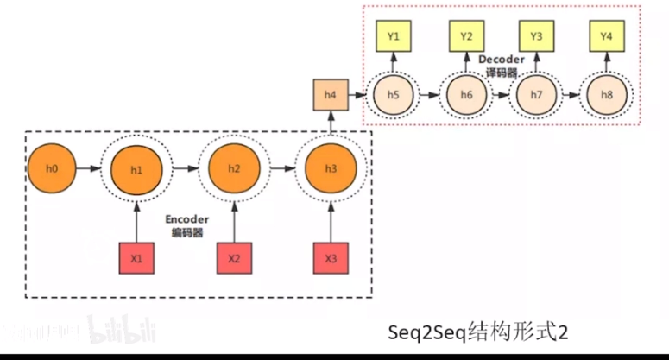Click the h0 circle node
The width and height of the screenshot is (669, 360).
(x=53, y=167)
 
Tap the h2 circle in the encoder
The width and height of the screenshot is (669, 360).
(x=234, y=168)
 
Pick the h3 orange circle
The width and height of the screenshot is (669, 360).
(x=331, y=168)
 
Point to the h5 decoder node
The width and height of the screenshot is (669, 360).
(x=394, y=93)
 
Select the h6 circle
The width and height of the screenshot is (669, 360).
(x=467, y=93)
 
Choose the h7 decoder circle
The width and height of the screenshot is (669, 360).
(x=536, y=93)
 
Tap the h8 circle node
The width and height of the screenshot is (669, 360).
(x=608, y=93)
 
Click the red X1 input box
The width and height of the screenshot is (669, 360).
(x=136, y=258)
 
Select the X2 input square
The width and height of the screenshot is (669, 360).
(x=234, y=258)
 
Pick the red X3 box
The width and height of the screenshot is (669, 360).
(x=331, y=258)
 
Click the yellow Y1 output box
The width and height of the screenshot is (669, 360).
(x=394, y=37)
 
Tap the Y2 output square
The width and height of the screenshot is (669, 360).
(x=467, y=37)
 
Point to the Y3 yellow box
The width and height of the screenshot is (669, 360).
(x=536, y=37)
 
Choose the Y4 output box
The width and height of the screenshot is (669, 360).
(x=608, y=37)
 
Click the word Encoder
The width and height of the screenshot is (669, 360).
(x=186, y=219)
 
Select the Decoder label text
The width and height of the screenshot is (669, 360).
(x=501, y=59)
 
